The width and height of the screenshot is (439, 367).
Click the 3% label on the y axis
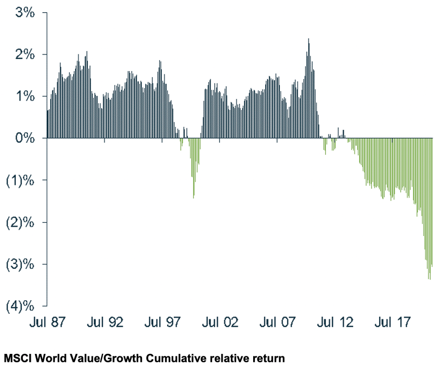coord(26,13)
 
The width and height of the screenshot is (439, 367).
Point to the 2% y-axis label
coord(26,55)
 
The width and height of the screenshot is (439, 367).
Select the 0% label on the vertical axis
coord(26,138)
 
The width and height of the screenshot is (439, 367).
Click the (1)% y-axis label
coord(21,180)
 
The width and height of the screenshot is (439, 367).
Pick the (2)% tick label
coord(21,222)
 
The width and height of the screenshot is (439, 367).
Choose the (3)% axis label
coord(21,264)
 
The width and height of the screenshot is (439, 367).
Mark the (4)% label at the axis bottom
coord(21,306)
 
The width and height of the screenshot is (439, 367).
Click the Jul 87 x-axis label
coord(48,323)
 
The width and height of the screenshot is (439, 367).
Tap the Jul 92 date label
coord(106,323)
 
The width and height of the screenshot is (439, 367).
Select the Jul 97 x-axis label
coord(163,323)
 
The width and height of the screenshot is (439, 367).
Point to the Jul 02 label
coord(220,323)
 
